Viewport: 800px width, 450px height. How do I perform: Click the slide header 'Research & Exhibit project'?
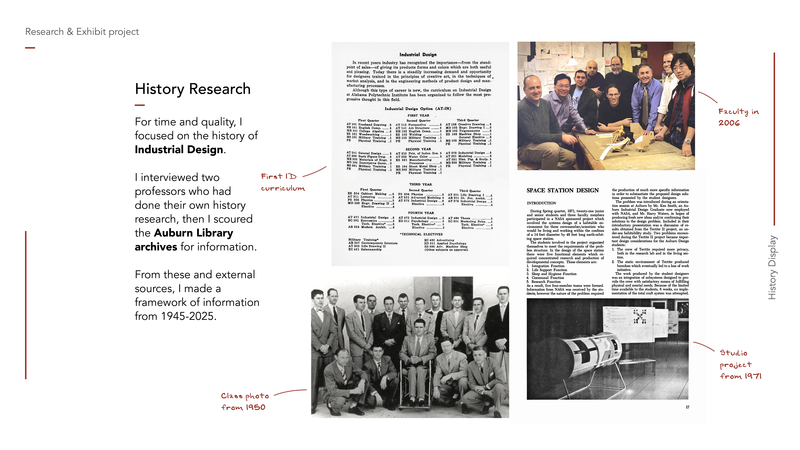point(82,32)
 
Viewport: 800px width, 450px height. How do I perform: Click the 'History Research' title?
point(193,89)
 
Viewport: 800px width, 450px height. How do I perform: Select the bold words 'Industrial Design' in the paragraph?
point(179,150)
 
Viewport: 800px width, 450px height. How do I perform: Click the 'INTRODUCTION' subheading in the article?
point(541,203)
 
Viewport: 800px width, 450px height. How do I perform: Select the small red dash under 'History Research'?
point(140,105)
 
